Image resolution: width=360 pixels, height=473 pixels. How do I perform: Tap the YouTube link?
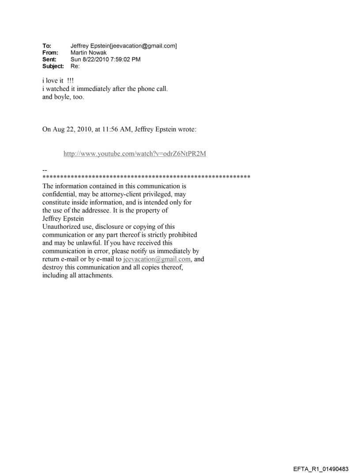(135, 154)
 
